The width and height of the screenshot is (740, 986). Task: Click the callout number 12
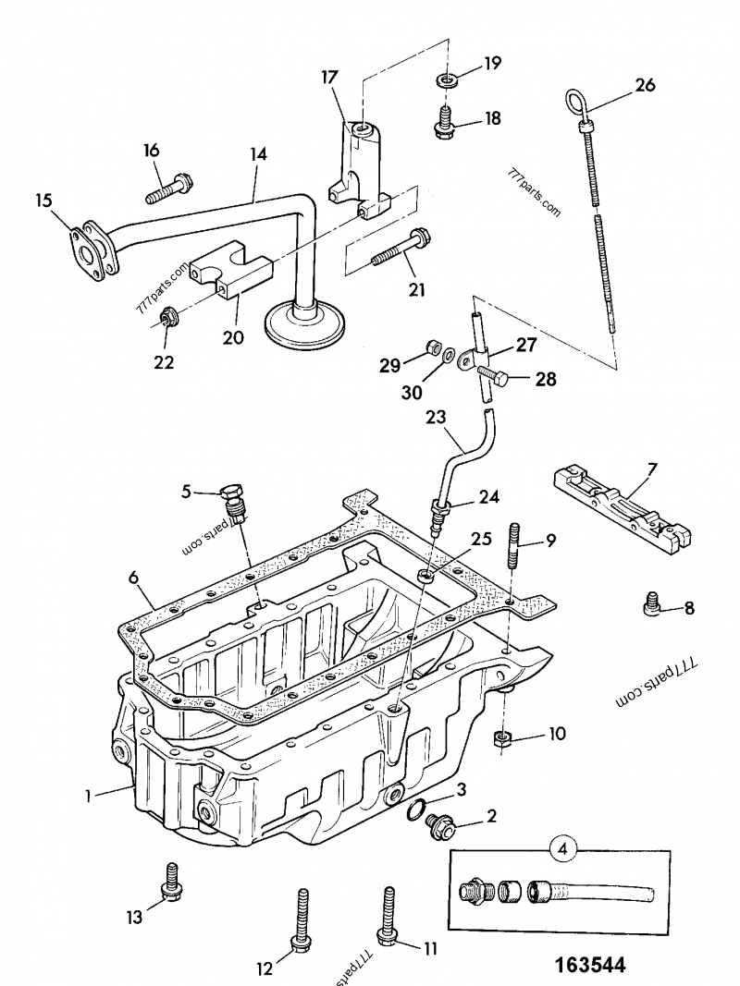tap(265, 968)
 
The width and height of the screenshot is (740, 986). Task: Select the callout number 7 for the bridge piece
tap(652, 470)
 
